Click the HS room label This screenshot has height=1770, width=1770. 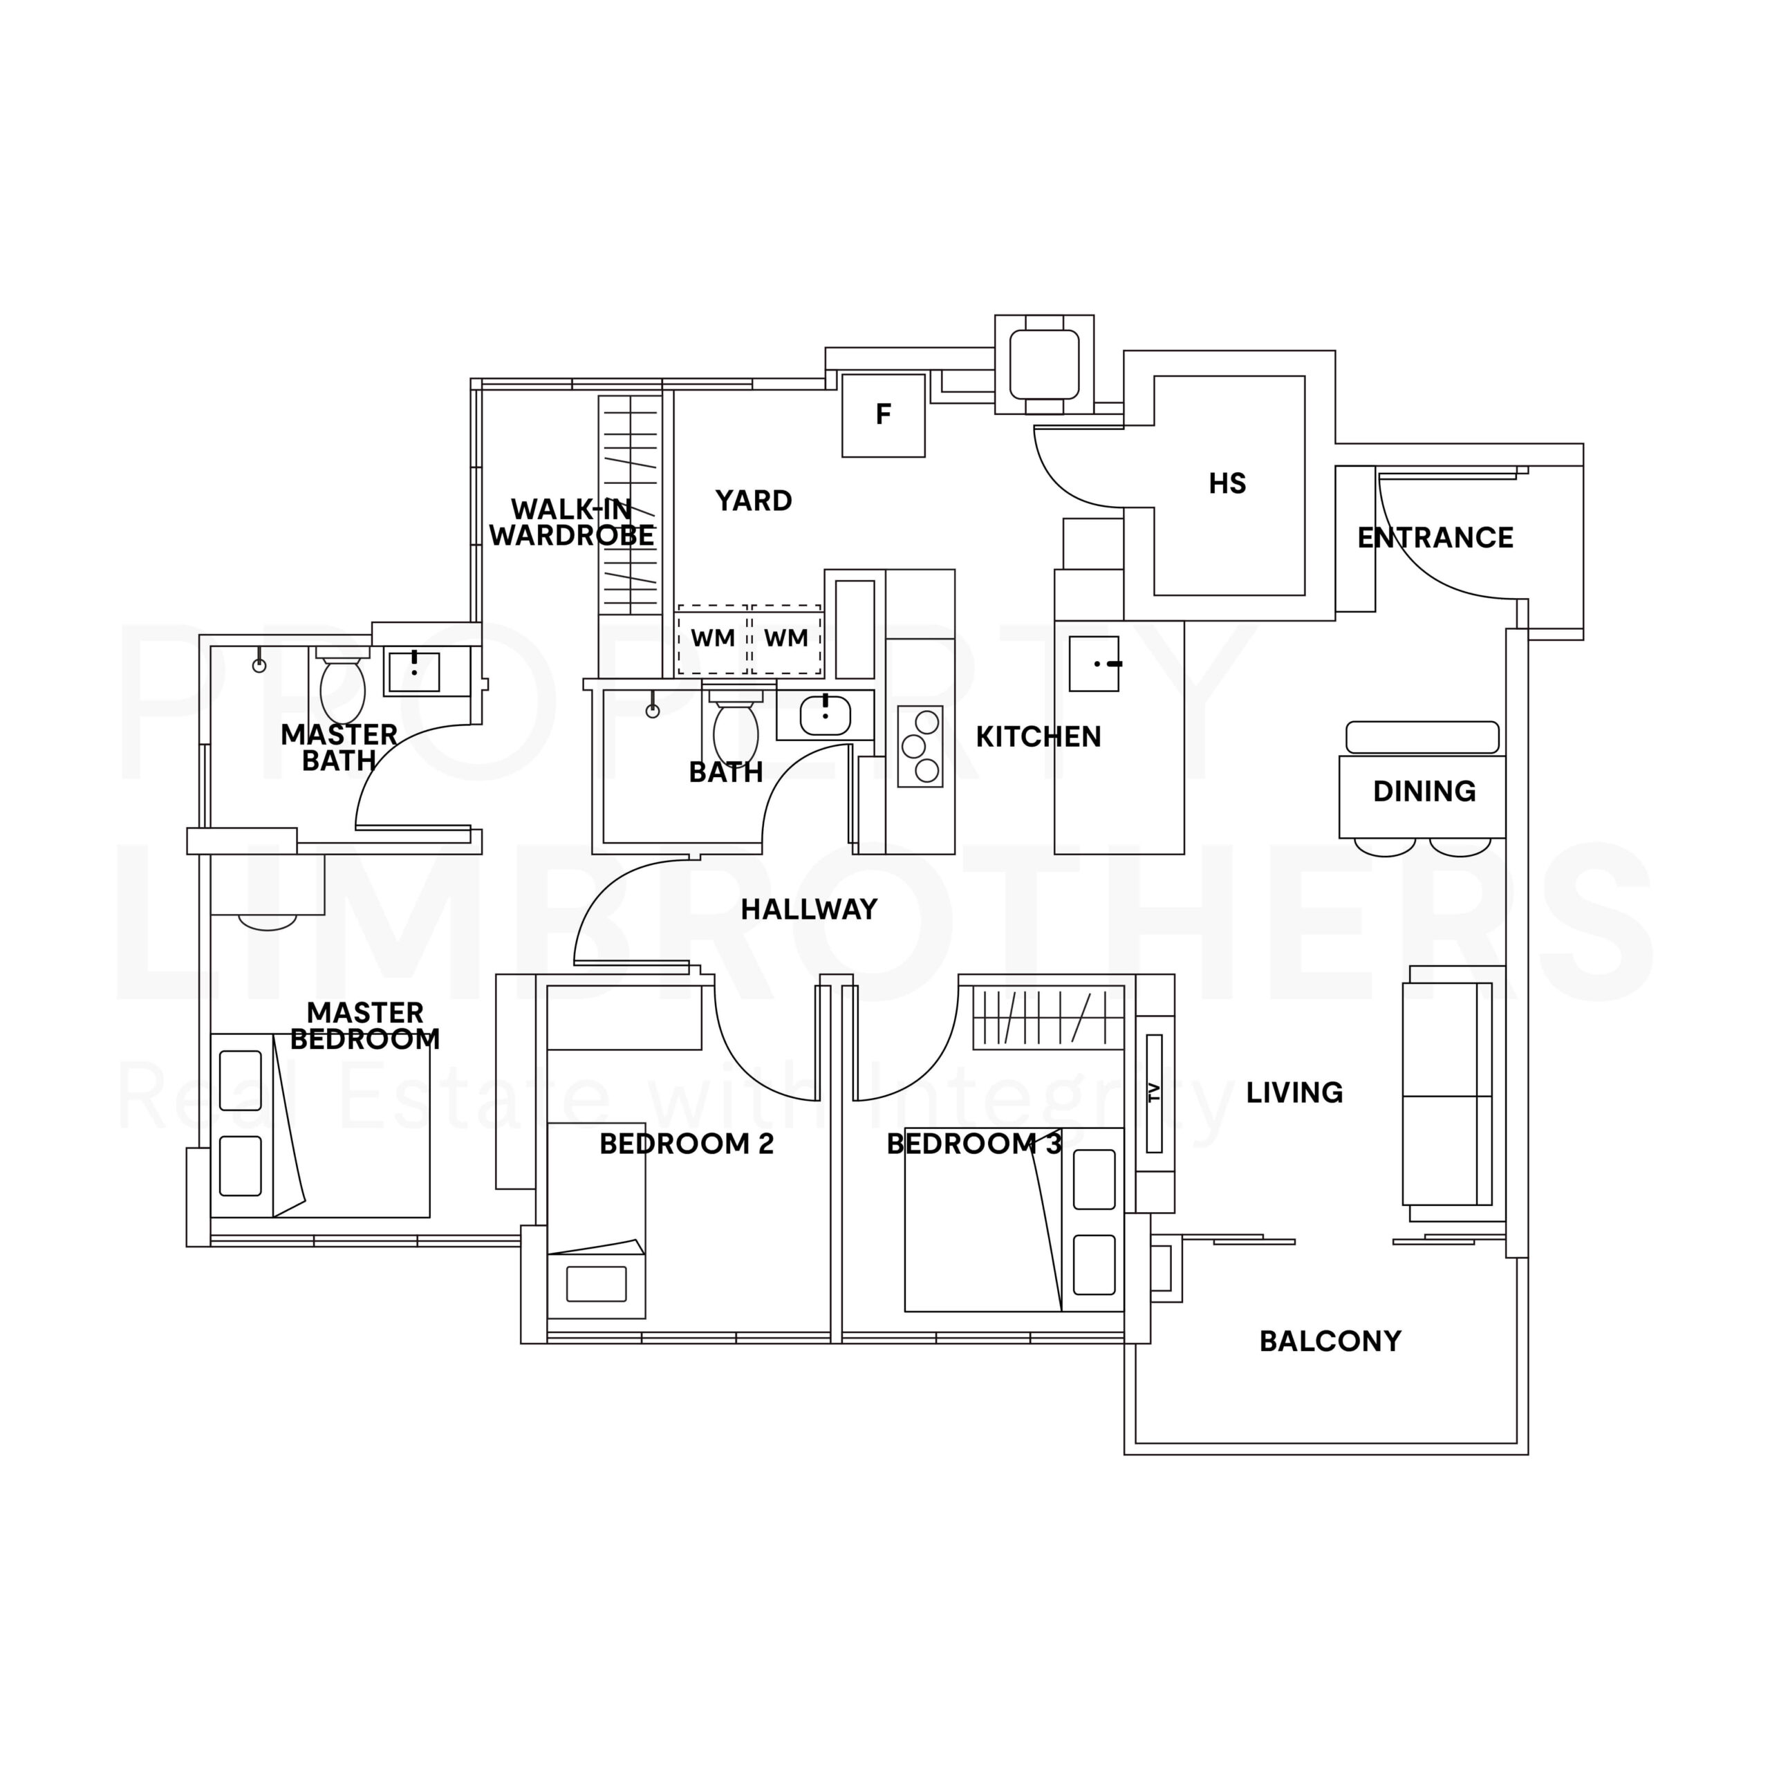pos(1227,484)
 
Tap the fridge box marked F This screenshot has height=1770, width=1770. pos(883,415)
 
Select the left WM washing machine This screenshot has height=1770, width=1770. pos(713,640)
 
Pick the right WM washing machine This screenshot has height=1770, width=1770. pos(786,640)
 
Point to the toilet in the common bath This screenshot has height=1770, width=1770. pos(736,727)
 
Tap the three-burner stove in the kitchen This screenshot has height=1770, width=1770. pos(920,747)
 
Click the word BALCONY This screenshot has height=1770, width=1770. pos(1330,1341)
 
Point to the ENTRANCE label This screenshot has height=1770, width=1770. pos(1435,538)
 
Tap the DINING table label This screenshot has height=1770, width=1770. pos(1424,792)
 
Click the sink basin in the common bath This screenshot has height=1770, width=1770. pos(826,716)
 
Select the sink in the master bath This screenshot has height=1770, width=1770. pos(414,671)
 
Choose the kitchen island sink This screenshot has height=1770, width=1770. pos(1094,663)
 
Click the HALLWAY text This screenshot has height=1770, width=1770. pos(809,910)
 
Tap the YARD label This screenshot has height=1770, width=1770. pos(753,501)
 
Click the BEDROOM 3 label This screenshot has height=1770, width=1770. pos(975,1144)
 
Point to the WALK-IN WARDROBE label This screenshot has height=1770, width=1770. pos(572,522)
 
